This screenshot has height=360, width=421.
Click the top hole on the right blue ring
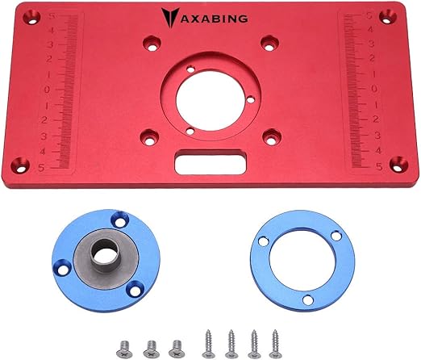click(333, 236)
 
